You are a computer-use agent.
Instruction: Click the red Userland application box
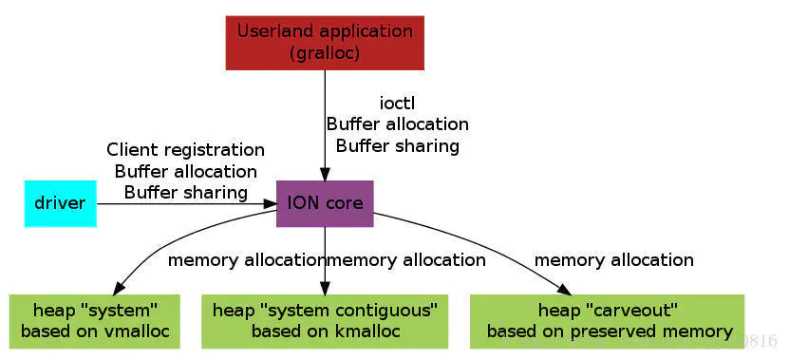click(325, 43)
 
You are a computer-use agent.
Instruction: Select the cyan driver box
click(60, 203)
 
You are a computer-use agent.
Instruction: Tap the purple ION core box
click(325, 203)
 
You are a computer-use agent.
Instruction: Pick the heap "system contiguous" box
click(325, 321)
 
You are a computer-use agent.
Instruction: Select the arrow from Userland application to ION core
click(325, 123)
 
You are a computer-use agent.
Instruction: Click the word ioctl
click(397, 103)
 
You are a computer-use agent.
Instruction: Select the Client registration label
click(185, 150)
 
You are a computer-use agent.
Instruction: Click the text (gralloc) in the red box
click(325, 53)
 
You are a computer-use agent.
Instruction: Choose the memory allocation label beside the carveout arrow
click(613, 259)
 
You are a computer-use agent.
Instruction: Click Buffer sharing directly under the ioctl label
click(397, 145)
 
